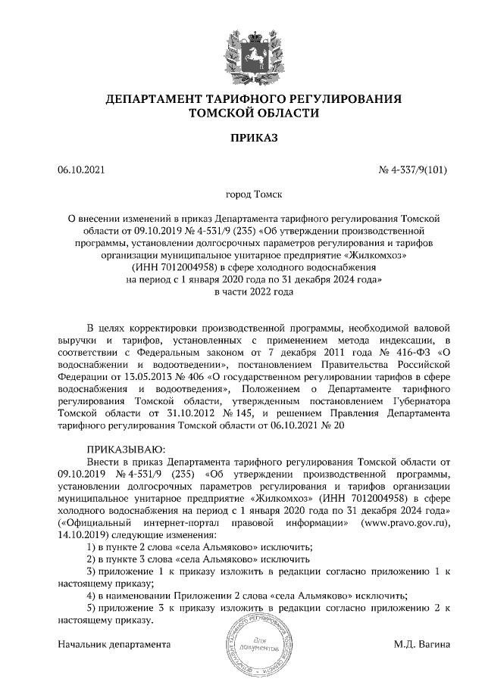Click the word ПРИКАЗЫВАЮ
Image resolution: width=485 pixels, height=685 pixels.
point(120,449)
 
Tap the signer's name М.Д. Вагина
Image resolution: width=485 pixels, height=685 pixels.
point(422,645)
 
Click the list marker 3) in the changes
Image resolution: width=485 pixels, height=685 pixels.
point(92,570)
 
